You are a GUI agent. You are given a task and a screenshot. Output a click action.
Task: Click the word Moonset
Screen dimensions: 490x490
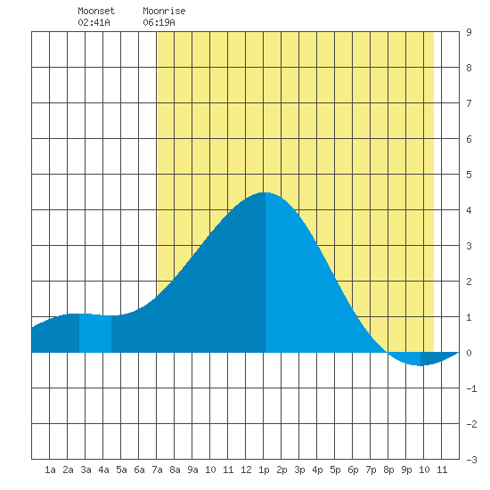coord(96,11)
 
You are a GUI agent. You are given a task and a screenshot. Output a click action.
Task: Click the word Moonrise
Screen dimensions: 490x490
coord(164,11)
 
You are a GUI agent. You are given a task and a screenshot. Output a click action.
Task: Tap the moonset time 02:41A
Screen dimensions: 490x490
coord(94,22)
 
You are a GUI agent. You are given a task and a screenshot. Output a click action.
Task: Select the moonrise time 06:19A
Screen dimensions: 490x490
coord(159,22)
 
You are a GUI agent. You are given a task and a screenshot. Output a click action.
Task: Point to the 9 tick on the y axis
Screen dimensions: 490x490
coord(469,32)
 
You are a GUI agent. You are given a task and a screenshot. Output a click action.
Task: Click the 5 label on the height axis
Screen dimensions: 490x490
coord(469,175)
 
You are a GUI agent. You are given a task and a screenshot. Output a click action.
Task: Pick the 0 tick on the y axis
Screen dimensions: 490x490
coord(469,353)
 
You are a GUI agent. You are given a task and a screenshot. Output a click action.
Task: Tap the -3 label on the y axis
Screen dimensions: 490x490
coord(471,460)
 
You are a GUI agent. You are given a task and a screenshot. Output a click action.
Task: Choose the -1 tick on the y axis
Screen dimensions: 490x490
coord(471,388)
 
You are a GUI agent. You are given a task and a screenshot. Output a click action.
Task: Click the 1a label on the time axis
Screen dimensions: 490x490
coord(50,470)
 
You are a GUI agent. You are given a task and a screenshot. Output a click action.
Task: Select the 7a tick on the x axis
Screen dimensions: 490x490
coord(157,470)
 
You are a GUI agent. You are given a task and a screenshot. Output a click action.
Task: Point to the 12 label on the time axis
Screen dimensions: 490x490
coord(246,470)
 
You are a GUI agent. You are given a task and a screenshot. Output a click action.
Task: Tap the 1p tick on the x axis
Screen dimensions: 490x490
coord(264,470)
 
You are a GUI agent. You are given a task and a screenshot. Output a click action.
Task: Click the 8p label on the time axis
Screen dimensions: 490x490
coord(388,470)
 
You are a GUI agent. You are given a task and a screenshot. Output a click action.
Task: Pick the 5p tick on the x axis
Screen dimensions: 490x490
coord(335,470)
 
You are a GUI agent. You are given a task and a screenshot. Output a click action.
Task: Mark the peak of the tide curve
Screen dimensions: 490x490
coord(265,192)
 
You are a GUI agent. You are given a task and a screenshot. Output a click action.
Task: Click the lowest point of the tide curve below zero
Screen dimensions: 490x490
coord(421,365)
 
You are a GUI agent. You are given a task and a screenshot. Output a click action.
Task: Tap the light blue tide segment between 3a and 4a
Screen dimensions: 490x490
coord(95,333)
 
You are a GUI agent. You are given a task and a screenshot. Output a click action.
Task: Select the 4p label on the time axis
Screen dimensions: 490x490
coord(317,470)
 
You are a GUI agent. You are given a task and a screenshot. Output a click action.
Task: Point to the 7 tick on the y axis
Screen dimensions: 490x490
coord(469,103)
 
